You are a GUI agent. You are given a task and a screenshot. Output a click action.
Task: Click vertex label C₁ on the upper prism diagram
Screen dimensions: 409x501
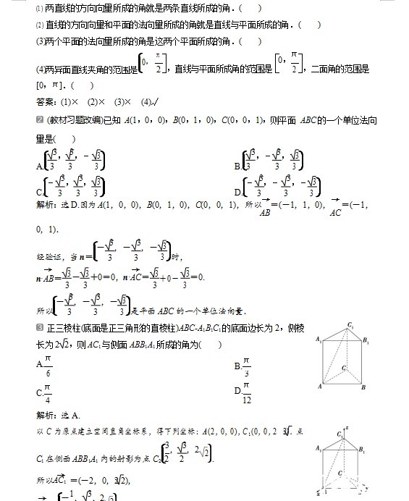350,324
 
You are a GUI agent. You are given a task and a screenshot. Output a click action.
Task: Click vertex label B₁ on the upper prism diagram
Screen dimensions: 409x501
367,340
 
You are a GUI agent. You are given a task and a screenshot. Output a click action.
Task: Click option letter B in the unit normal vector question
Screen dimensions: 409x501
237,166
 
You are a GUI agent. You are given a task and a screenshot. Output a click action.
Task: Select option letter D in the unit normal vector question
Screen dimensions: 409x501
237,192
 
